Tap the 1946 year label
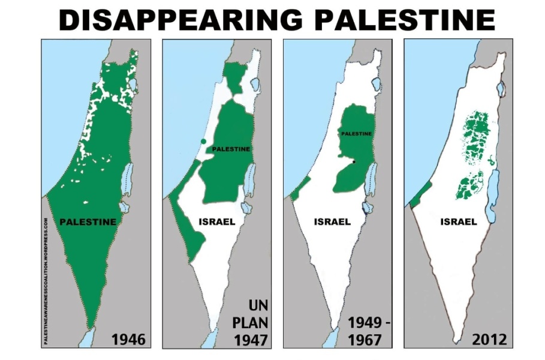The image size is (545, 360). (x=128, y=340)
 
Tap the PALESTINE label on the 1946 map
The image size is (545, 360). (x=88, y=221)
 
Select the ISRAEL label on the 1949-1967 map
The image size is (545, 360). (x=332, y=221)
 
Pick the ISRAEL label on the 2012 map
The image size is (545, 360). (x=459, y=221)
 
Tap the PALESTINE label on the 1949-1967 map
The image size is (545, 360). (x=356, y=134)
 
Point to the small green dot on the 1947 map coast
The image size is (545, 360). (x=204, y=141)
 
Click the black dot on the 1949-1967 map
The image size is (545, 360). (x=354, y=162)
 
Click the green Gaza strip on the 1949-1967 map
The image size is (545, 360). (x=298, y=188)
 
